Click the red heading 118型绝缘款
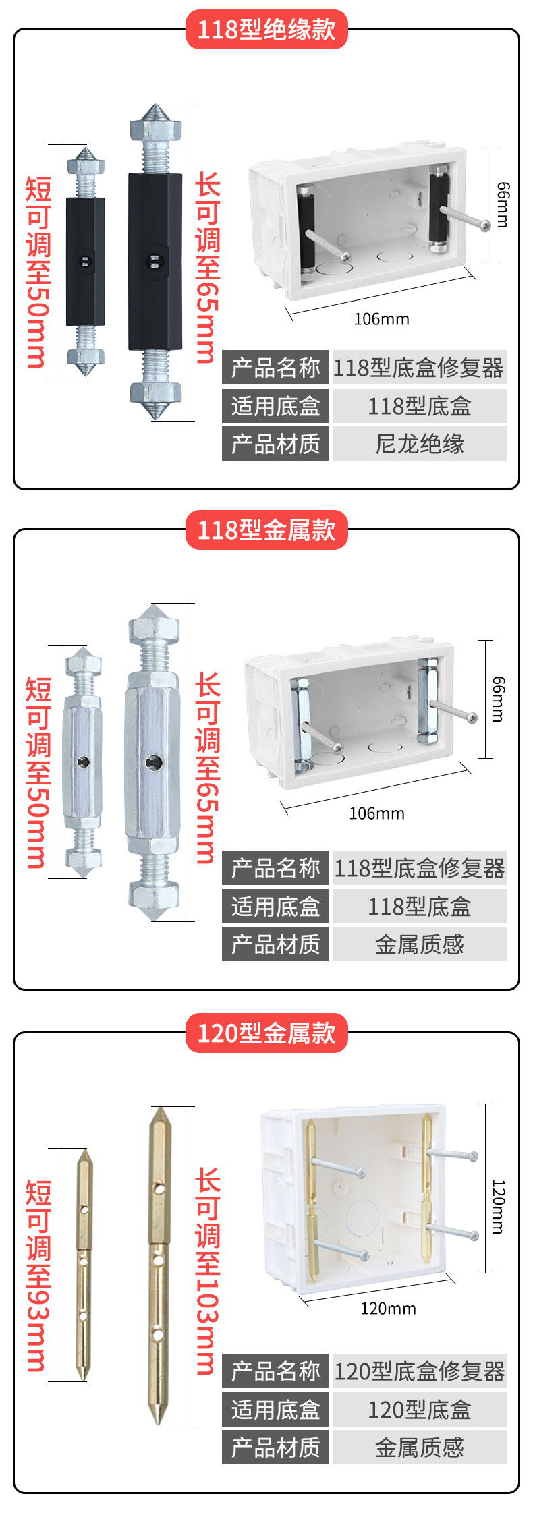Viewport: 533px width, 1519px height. click(x=266, y=30)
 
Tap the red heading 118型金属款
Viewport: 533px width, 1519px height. click(x=266, y=530)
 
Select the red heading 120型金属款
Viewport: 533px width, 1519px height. click(x=266, y=1033)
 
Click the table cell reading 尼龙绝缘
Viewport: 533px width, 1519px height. click(x=420, y=444)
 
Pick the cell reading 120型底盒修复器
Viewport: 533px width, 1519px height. click(x=420, y=1371)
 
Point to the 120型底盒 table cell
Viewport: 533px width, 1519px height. click(x=420, y=1409)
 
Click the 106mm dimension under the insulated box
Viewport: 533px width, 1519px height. click(x=381, y=319)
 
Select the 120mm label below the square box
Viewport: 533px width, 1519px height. click(x=388, y=1309)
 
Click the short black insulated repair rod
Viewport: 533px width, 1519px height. click(x=85, y=262)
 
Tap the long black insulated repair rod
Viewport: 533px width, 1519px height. click(x=156, y=262)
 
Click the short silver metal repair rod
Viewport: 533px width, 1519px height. click(x=83, y=762)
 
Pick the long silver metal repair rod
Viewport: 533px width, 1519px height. click(x=153, y=762)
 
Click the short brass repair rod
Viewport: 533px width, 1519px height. click(x=84, y=1265)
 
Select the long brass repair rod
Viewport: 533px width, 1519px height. click(x=159, y=1265)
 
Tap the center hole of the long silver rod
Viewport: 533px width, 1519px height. click(x=153, y=763)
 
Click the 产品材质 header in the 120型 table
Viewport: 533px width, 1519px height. click(x=275, y=1447)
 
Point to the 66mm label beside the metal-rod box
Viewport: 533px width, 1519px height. click(x=498, y=699)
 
